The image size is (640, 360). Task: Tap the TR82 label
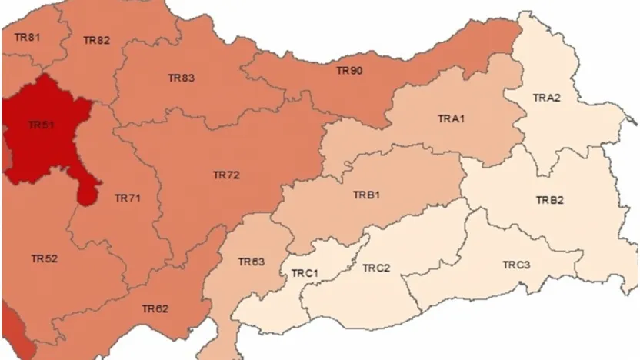coord(97,41)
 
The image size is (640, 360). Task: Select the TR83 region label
coord(182,78)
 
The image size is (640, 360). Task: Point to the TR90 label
coord(349,71)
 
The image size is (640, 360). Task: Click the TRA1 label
coord(452,118)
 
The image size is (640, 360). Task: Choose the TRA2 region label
coord(547,98)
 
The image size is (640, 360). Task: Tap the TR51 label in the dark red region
coord(41,125)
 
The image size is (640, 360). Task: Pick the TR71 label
coord(128,198)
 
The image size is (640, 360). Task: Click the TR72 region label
coord(226,175)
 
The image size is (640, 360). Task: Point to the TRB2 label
coord(550,200)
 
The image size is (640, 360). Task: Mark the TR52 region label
coord(44,258)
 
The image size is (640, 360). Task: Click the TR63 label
coord(251,262)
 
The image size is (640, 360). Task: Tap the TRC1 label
coord(305,273)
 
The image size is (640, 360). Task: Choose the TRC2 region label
coord(376,268)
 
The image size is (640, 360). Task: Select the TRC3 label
coord(516,265)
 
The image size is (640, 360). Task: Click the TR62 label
coord(155,308)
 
